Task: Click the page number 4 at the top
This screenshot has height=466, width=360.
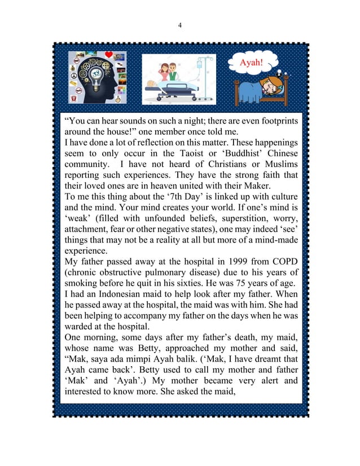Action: coord(179,24)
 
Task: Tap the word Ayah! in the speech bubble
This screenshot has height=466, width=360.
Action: coord(252,62)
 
